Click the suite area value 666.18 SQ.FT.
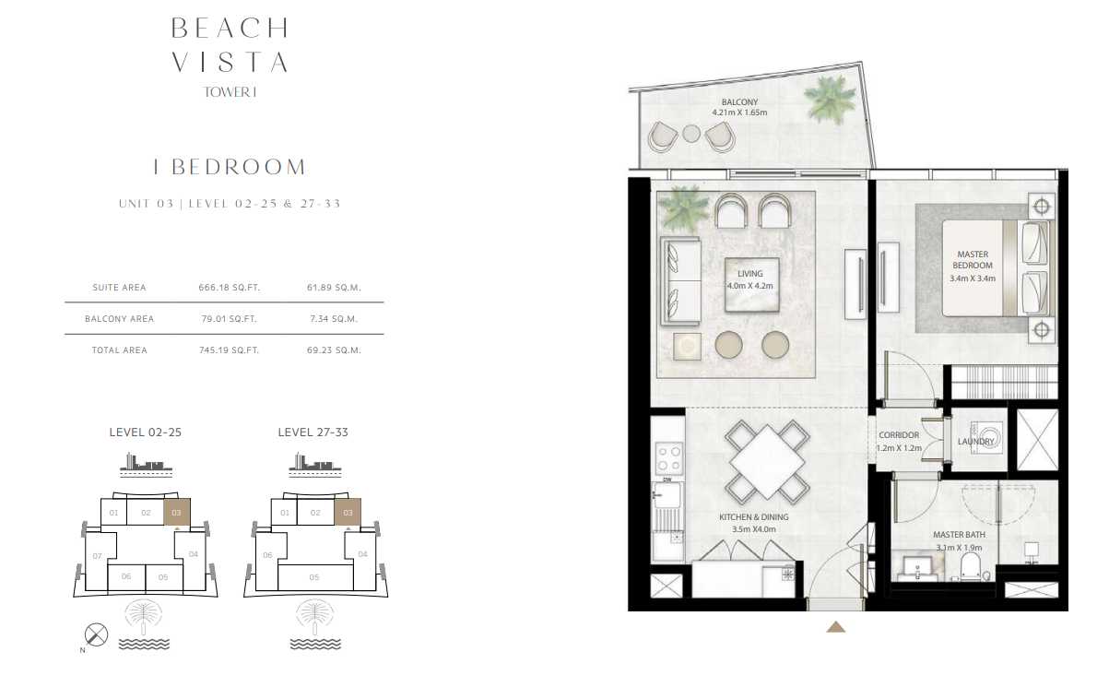pyautogui.click(x=230, y=288)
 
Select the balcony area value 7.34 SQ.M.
pyautogui.click(x=334, y=319)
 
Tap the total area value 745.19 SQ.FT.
pyautogui.click(x=230, y=350)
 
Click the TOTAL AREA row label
pyautogui.click(x=119, y=350)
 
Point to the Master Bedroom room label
pyautogui.click(x=973, y=259)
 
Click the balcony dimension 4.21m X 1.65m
pyautogui.click(x=739, y=113)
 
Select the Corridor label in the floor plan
pyautogui.click(x=899, y=435)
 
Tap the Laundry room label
pyautogui.click(x=976, y=442)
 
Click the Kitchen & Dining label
pyautogui.click(x=753, y=517)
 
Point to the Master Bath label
pyautogui.click(x=959, y=535)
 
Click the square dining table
pyautogui.click(x=767, y=462)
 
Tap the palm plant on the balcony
pyautogui.click(x=830, y=104)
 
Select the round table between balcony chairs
pyautogui.click(x=691, y=134)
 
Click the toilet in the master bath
pyautogui.click(x=971, y=567)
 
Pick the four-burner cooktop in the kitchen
pyautogui.click(x=668, y=458)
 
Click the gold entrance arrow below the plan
pyautogui.click(x=836, y=627)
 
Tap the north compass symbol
pyautogui.click(x=96, y=634)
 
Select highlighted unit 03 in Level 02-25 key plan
pyautogui.click(x=177, y=512)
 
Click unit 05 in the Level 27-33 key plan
pyautogui.click(x=315, y=577)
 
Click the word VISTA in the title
pyautogui.click(x=230, y=63)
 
